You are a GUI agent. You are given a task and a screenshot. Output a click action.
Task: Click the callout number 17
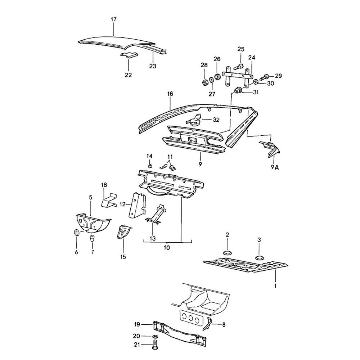pyautogui.click(x=114, y=19)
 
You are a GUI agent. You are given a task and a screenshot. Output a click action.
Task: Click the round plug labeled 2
pyautogui.click(x=227, y=252)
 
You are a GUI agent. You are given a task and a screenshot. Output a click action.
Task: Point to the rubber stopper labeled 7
pyautogui.click(x=92, y=239)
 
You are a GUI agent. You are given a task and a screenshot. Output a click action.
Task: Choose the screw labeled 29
pyautogui.click(x=267, y=76)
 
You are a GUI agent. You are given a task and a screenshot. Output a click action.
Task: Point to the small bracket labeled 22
pyautogui.click(x=129, y=55)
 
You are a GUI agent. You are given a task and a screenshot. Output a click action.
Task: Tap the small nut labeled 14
pyautogui.click(x=150, y=166)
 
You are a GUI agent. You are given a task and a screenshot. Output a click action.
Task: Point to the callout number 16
pyautogui.click(x=170, y=94)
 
